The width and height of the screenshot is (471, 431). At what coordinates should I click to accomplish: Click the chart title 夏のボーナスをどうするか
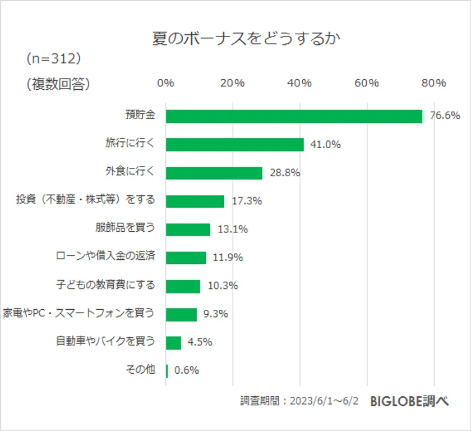[247, 39]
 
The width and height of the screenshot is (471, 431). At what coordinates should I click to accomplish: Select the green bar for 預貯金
[294, 116]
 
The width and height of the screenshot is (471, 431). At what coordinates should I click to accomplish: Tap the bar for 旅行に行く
[234, 144]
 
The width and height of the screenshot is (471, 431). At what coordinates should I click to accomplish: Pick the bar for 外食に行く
[214, 173]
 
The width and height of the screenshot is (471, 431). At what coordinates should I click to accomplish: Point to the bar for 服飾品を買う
[188, 229]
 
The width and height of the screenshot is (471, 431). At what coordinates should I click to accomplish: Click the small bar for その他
[167, 370]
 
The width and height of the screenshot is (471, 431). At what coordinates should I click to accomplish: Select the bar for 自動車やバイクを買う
[173, 342]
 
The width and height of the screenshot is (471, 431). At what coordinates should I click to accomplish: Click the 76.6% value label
[444, 116]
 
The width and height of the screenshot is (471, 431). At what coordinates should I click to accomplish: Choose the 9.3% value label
[215, 314]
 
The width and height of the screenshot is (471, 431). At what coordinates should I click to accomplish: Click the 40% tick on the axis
[299, 84]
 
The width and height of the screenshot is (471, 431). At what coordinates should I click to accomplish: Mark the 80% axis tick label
[433, 84]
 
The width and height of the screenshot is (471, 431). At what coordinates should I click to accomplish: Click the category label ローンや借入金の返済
[105, 256]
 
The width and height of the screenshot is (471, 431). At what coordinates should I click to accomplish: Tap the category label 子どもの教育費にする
[105, 285]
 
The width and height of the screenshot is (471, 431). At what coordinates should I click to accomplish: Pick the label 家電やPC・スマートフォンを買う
[78, 313]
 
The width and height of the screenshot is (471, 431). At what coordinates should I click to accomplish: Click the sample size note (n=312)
[54, 58]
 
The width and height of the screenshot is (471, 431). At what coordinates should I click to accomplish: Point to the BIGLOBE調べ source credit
[409, 402]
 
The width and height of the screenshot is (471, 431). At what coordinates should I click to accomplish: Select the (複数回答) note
[58, 84]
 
